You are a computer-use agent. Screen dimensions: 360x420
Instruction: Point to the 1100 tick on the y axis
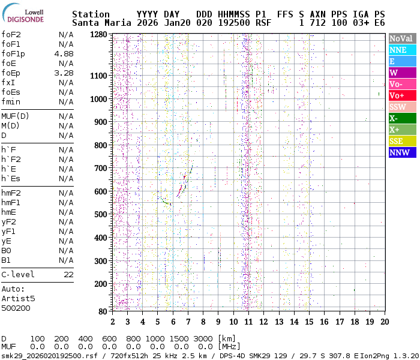click(x=97, y=76)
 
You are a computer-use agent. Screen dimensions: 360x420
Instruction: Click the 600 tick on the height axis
click(x=100, y=191)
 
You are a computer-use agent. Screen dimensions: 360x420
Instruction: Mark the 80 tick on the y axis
click(x=102, y=311)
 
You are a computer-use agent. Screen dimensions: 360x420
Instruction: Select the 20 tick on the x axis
click(x=384, y=322)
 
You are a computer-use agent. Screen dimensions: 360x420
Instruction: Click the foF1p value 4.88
click(x=64, y=53)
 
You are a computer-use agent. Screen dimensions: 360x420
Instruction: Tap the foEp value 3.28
click(x=64, y=73)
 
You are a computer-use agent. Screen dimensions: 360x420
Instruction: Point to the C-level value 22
click(x=68, y=274)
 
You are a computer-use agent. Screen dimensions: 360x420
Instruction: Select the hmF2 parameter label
click(x=11, y=193)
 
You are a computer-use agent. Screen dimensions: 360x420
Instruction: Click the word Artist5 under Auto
click(x=18, y=298)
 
